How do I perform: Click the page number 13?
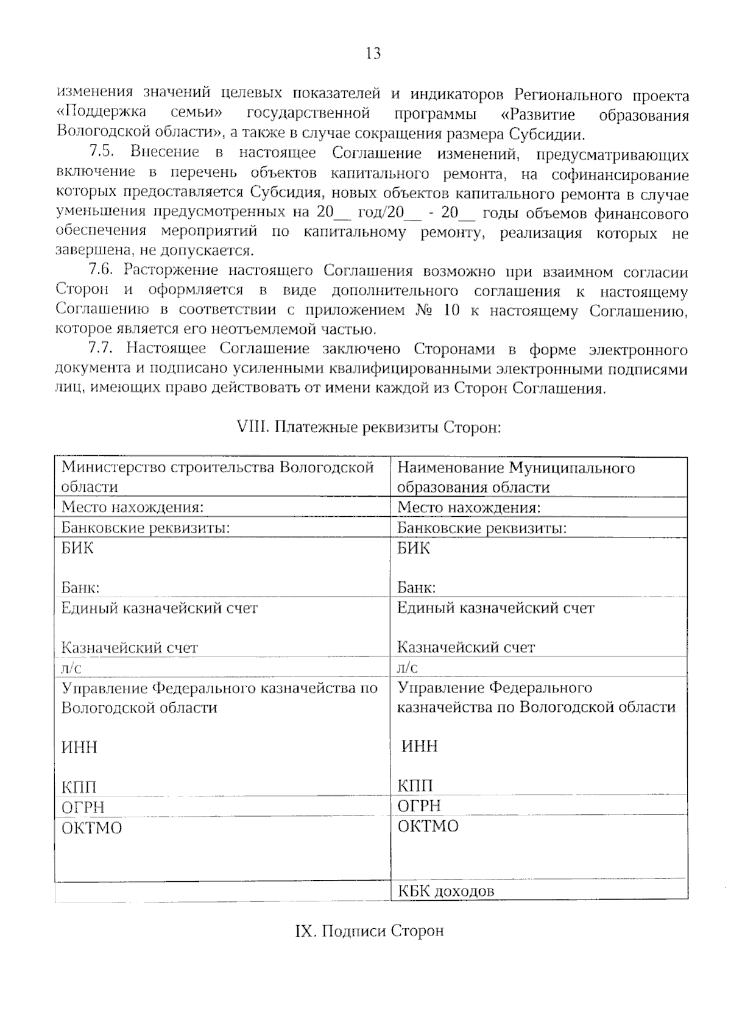coord(373,54)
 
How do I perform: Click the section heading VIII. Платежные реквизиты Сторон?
coord(369,427)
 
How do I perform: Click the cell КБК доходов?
coord(446,891)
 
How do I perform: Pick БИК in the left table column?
coord(78,548)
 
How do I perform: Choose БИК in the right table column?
coord(414,548)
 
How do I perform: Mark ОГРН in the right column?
coord(419,806)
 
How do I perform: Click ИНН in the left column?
coord(80,747)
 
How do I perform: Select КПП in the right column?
coord(415,786)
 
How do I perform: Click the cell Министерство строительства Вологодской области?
coord(217,477)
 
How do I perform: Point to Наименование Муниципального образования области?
coord(515,477)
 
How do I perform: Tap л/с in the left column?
coord(71,667)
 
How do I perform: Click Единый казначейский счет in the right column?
coord(495,608)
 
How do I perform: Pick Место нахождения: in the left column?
coord(132,507)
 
